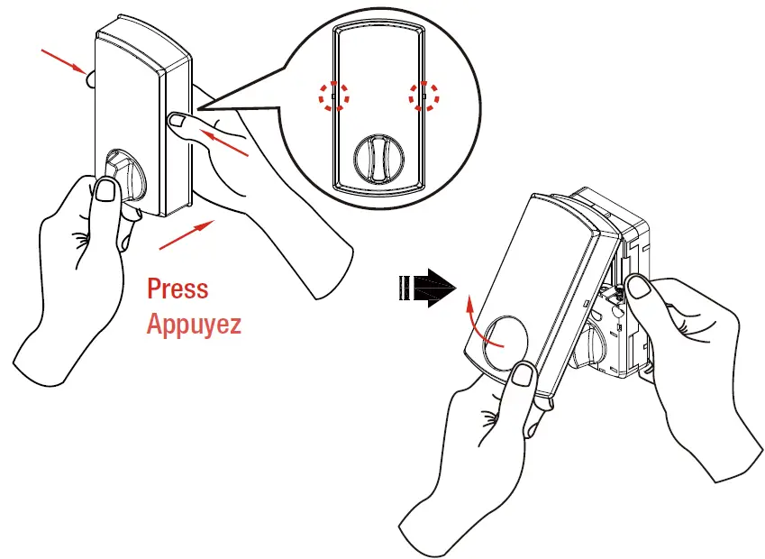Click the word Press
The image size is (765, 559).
[178, 289]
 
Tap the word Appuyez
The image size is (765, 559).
[194, 323]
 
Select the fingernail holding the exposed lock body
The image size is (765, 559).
[641, 287]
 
